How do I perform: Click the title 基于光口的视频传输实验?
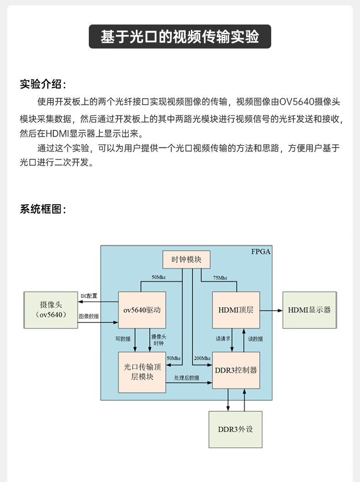[x=180, y=36]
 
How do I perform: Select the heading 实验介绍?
[x=43, y=84]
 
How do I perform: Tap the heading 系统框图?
[x=43, y=209]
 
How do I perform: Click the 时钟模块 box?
[x=186, y=260]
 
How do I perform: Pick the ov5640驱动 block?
[x=142, y=310]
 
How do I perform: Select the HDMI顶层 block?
[x=236, y=310]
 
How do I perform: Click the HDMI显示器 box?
[x=309, y=310]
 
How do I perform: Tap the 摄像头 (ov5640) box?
[x=51, y=310]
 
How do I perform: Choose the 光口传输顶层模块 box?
[x=142, y=372]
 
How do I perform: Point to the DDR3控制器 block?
[x=236, y=370]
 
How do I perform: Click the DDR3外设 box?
[x=235, y=430]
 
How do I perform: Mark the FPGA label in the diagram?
[x=261, y=252]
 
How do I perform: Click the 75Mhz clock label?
[x=220, y=278]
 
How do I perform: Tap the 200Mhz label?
[x=202, y=358]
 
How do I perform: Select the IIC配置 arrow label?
[x=89, y=296]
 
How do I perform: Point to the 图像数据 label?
[x=89, y=316]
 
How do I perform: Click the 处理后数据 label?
[x=186, y=378]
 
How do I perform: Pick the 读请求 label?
[x=223, y=339]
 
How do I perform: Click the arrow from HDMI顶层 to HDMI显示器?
[x=271, y=311]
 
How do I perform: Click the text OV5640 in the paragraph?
[x=297, y=102]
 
